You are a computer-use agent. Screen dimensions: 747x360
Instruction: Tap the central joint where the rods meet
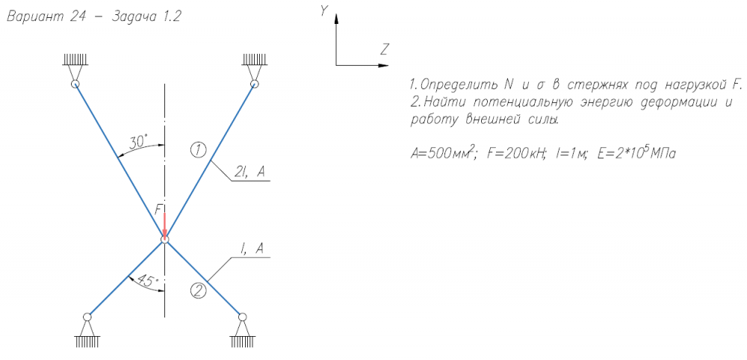[x=164, y=239]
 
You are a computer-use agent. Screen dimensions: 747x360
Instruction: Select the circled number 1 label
[x=197, y=150]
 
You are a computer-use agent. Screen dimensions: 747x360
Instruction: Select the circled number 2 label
[x=197, y=291]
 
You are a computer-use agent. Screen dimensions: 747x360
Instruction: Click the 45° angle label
[x=145, y=282]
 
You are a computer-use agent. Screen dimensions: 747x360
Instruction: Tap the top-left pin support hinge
[x=75, y=84]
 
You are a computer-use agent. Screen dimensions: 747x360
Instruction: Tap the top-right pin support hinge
[x=254, y=84]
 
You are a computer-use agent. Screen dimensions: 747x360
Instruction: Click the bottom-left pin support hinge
[x=87, y=317]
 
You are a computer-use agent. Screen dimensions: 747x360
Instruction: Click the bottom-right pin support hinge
[x=241, y=317]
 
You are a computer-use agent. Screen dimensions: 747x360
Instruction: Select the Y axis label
[x=323, y=10]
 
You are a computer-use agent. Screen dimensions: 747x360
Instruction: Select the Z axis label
[x=384, y=50]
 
